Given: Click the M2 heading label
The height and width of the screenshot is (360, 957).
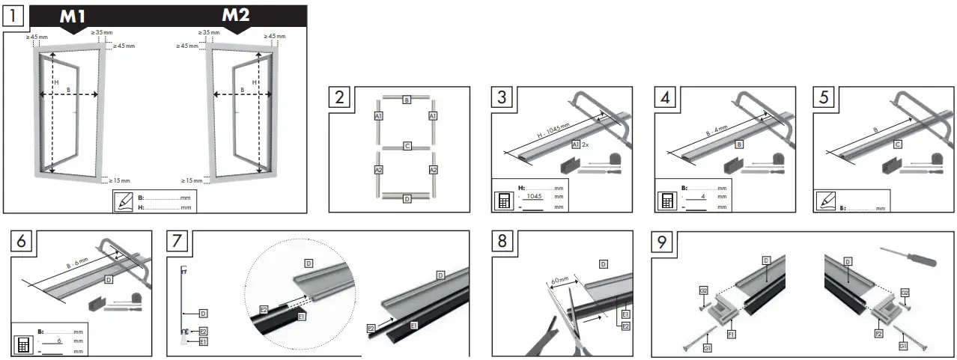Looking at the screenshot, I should [x=237, y=16].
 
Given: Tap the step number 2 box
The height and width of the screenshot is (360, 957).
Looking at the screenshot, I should [x=341, y=97].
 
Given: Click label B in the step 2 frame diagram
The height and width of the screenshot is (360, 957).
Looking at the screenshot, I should [x=406, y=100].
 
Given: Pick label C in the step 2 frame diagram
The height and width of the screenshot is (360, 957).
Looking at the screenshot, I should [x=406, y=146].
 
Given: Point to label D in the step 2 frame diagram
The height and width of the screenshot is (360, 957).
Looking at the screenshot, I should [x=406, y=198].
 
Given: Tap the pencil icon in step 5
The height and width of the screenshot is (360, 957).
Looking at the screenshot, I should [x=825, y=201].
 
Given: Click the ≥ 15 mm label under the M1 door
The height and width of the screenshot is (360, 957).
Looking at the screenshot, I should [x=120, y=180].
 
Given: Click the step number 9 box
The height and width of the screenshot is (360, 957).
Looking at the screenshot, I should [x=661, y=242].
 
